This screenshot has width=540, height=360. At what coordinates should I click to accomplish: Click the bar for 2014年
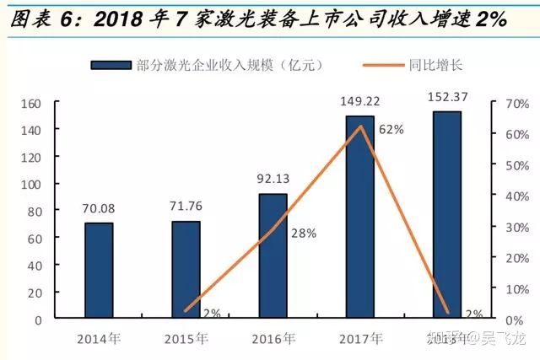pos(99,271)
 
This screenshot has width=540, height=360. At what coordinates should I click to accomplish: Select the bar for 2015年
pos(186,270)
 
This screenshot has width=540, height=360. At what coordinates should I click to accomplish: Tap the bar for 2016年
pos(273,256)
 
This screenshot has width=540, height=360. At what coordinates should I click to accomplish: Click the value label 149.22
pos(360,101)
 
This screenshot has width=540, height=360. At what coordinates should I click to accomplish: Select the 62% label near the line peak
pos(391,130)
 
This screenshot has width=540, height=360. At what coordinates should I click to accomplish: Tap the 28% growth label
pos(303,234)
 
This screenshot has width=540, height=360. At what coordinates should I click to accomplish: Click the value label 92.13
pos(273,179)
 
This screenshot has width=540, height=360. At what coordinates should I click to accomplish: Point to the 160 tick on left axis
pos(30,104)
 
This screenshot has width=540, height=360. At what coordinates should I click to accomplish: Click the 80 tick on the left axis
pos(34,212)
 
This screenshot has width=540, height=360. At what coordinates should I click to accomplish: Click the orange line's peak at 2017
pos(361,126)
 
